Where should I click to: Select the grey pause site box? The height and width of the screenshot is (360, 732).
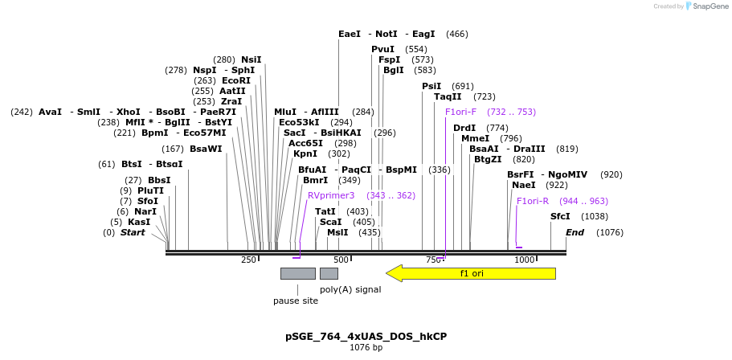(x=297, y=273)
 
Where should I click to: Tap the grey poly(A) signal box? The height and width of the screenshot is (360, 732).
(x=329, y=273)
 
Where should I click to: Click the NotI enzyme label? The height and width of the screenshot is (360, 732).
(x=386, y=34)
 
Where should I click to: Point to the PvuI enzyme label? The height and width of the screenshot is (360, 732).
(x=382, y=49)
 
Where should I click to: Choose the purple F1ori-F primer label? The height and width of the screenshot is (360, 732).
(x=460, y=112)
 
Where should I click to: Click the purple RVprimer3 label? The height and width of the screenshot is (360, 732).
(x=331, y=195)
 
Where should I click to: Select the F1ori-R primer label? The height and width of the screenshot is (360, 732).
(x=532, y=201)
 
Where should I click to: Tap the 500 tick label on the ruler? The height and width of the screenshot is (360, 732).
(x=341, y=260)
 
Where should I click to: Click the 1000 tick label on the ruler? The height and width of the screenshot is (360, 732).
(x=525, y=260)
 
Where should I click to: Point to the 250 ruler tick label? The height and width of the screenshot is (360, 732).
(x=248, y=260)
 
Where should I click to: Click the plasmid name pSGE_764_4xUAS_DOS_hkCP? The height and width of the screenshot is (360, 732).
(x=366, y=336)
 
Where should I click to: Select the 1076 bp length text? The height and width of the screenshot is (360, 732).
(x=366, y=348)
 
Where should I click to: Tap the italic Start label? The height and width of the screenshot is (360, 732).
(x=133, y=232)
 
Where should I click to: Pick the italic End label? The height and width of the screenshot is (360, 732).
(x=575, y=232)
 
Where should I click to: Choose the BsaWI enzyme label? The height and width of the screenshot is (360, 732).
(x=206, y=149)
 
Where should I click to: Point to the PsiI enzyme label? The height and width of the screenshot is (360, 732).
(x=431, y=86)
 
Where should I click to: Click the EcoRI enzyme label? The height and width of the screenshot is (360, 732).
(x=236, y=80)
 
